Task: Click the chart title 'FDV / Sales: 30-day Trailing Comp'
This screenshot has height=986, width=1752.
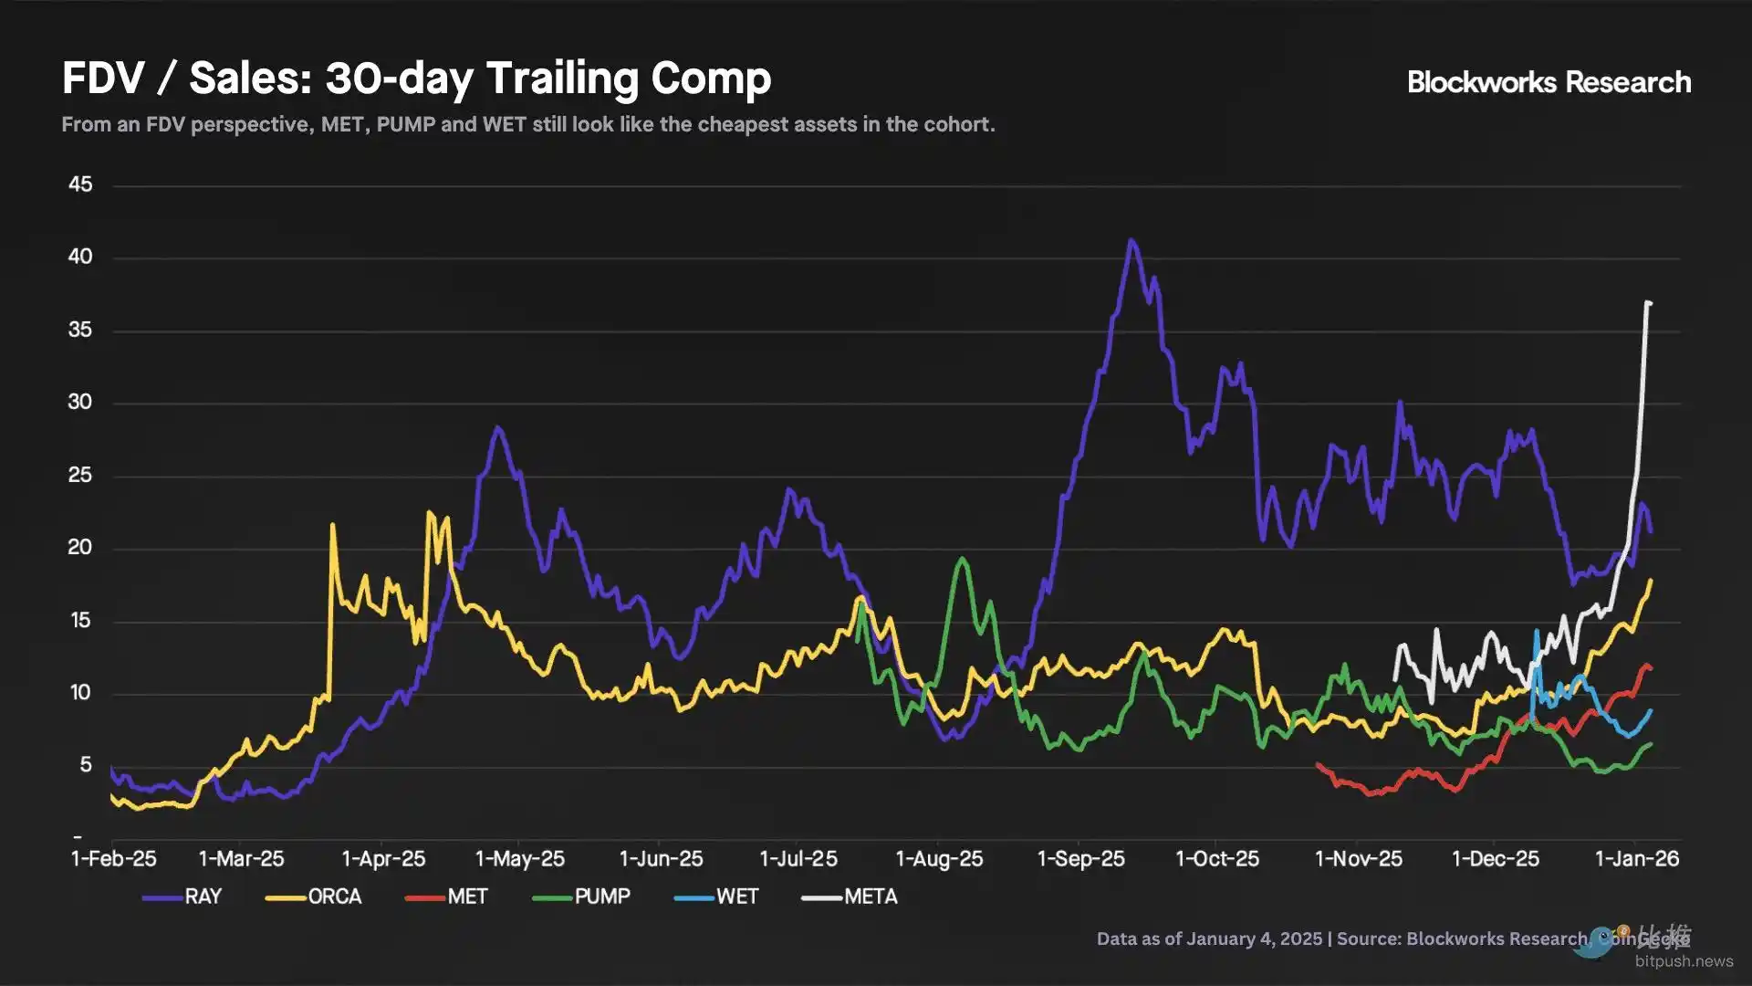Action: tap(416, 79)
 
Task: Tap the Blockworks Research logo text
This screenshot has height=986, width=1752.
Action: tap(1549, 82)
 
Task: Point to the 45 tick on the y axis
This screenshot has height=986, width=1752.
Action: tap(80, 184)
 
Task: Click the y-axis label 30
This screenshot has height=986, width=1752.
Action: tap(80, 402)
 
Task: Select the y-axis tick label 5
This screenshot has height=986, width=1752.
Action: tap(86, 764)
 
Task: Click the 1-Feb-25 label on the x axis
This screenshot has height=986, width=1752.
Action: tap(114, 859)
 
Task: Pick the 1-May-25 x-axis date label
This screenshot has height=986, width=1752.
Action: tap(520, 859)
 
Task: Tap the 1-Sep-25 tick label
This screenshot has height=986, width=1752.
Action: tap(1081, 859)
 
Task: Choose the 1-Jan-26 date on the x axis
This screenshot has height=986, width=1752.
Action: tap(1637, 859)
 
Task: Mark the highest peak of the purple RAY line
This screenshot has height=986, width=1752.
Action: tap(1131, 241)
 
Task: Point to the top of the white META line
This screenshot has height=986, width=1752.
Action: tap(1648, 302)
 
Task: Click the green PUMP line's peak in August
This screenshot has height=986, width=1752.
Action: tap(962, 559)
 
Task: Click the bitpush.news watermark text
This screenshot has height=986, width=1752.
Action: tap(1684, 960)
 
